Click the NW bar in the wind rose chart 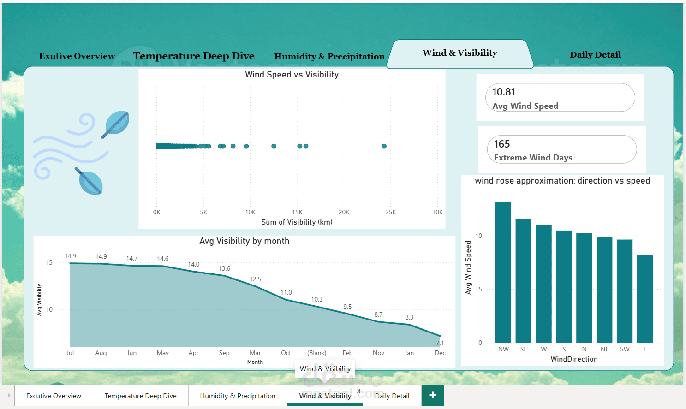[503, 273]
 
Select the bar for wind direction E [644, 299]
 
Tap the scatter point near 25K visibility [384, 146]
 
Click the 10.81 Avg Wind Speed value [504, 92]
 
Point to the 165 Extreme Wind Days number [502, 144]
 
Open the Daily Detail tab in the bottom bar [392, 396]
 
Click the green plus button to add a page [432, 395]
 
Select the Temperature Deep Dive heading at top [194, 56]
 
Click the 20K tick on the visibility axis [344, 212]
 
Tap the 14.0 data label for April [194, 264]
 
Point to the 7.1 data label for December [440, 343]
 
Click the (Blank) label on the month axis [316, 353]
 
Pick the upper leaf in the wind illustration [115, 124]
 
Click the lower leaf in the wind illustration [89, 181]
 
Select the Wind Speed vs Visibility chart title [292, 74]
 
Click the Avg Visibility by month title [245, 241]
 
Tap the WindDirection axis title [574, 359]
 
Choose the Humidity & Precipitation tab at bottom [238, 396]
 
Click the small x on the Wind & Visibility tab [358, 391]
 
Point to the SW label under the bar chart [625, 350]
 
